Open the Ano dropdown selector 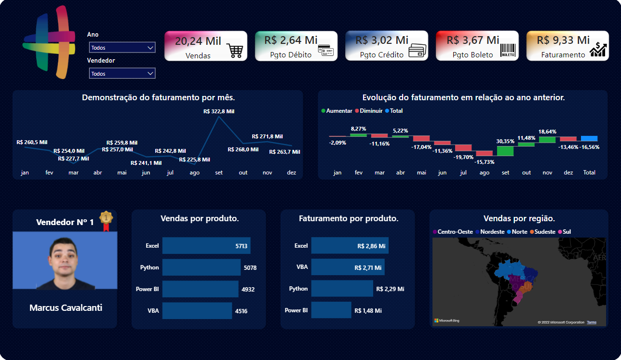122,47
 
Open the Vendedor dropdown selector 122,73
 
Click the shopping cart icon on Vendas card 235,51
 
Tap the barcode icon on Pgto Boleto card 508,51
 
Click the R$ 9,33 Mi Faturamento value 563,40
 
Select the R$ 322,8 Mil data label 219,111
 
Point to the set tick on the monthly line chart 219,173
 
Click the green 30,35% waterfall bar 505,151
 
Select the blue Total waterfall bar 589,138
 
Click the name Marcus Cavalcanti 66,307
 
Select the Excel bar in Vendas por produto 206,246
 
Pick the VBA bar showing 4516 197,311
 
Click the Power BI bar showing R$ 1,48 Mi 331,310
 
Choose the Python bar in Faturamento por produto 342,289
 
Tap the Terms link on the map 591,322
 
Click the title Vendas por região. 519,218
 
